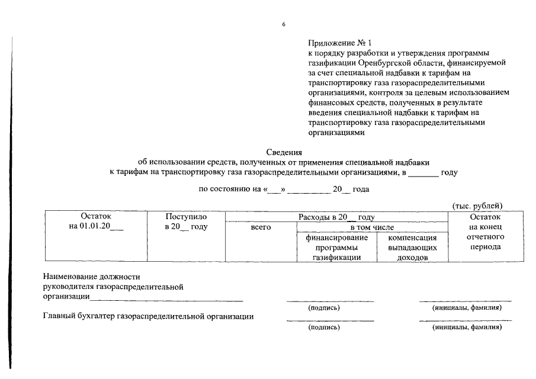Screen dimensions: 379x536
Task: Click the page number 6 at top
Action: (x=284, y=24)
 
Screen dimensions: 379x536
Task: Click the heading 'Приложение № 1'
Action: (x=339, y=43)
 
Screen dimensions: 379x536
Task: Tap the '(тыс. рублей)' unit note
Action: (x=477, y=205)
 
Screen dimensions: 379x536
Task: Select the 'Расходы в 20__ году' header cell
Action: (x=336, y=217)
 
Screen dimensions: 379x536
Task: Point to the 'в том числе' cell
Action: (x=371, y=227)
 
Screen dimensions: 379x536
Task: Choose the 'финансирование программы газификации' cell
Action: (x=336, y=247)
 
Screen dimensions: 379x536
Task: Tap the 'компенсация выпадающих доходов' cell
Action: (x=412, y=247)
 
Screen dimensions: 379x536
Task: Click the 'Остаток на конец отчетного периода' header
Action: (x=484, y=232)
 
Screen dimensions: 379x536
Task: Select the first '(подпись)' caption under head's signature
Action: (x=323, y=308)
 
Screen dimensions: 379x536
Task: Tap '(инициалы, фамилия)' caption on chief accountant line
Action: (x=467, y=327)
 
